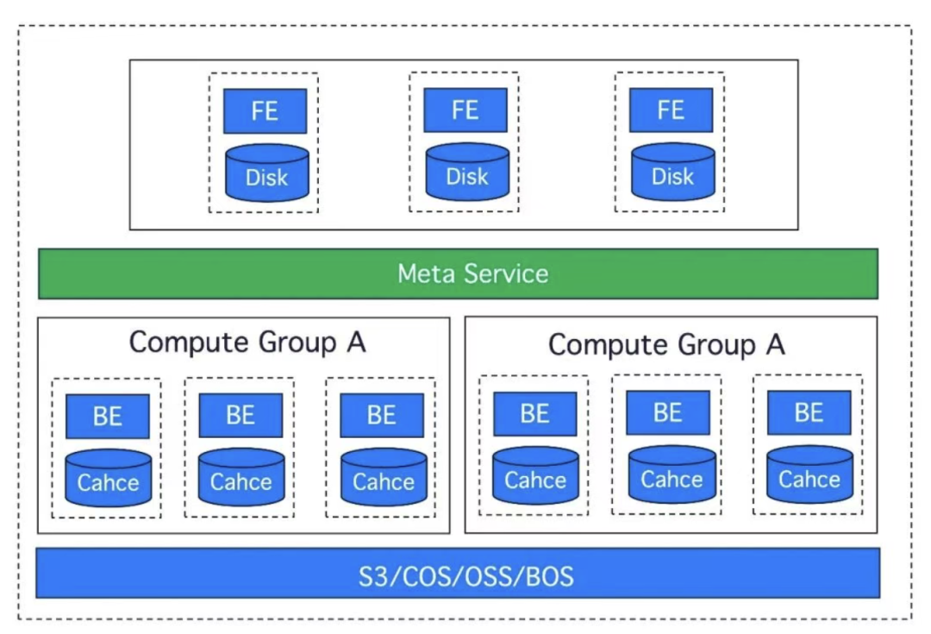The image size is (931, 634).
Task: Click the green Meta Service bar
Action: pyautogui.click(x=458, y=273)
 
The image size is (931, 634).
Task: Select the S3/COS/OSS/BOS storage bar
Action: pyautogui.click(x=458, y=573)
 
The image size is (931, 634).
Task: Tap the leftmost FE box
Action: pyautogui.click(x=265, y=111)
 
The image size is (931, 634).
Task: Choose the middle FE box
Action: pyautogui.click(x=465, y=110)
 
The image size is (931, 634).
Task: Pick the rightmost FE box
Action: pyautogui.click(x=671, y=110)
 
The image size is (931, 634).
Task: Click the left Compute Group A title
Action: pyautogui.click(x=247, y=342)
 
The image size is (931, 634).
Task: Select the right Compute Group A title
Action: pyautogui.click(x=666, y=345)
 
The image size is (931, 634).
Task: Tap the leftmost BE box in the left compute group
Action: pyautogui.click(x=108, y=417)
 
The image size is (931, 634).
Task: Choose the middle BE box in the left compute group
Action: pyautogui.click(x=241, y=416)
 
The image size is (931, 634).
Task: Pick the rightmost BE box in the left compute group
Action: pyautogui.click(x=382, y=416)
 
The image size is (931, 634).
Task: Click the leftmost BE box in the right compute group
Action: pyautogui.click(x=535, y=414)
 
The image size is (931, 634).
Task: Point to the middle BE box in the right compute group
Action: pyautogui.click(x=668, y=412)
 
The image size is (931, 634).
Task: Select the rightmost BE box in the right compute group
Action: pyautogui.click(x=809, y=412)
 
